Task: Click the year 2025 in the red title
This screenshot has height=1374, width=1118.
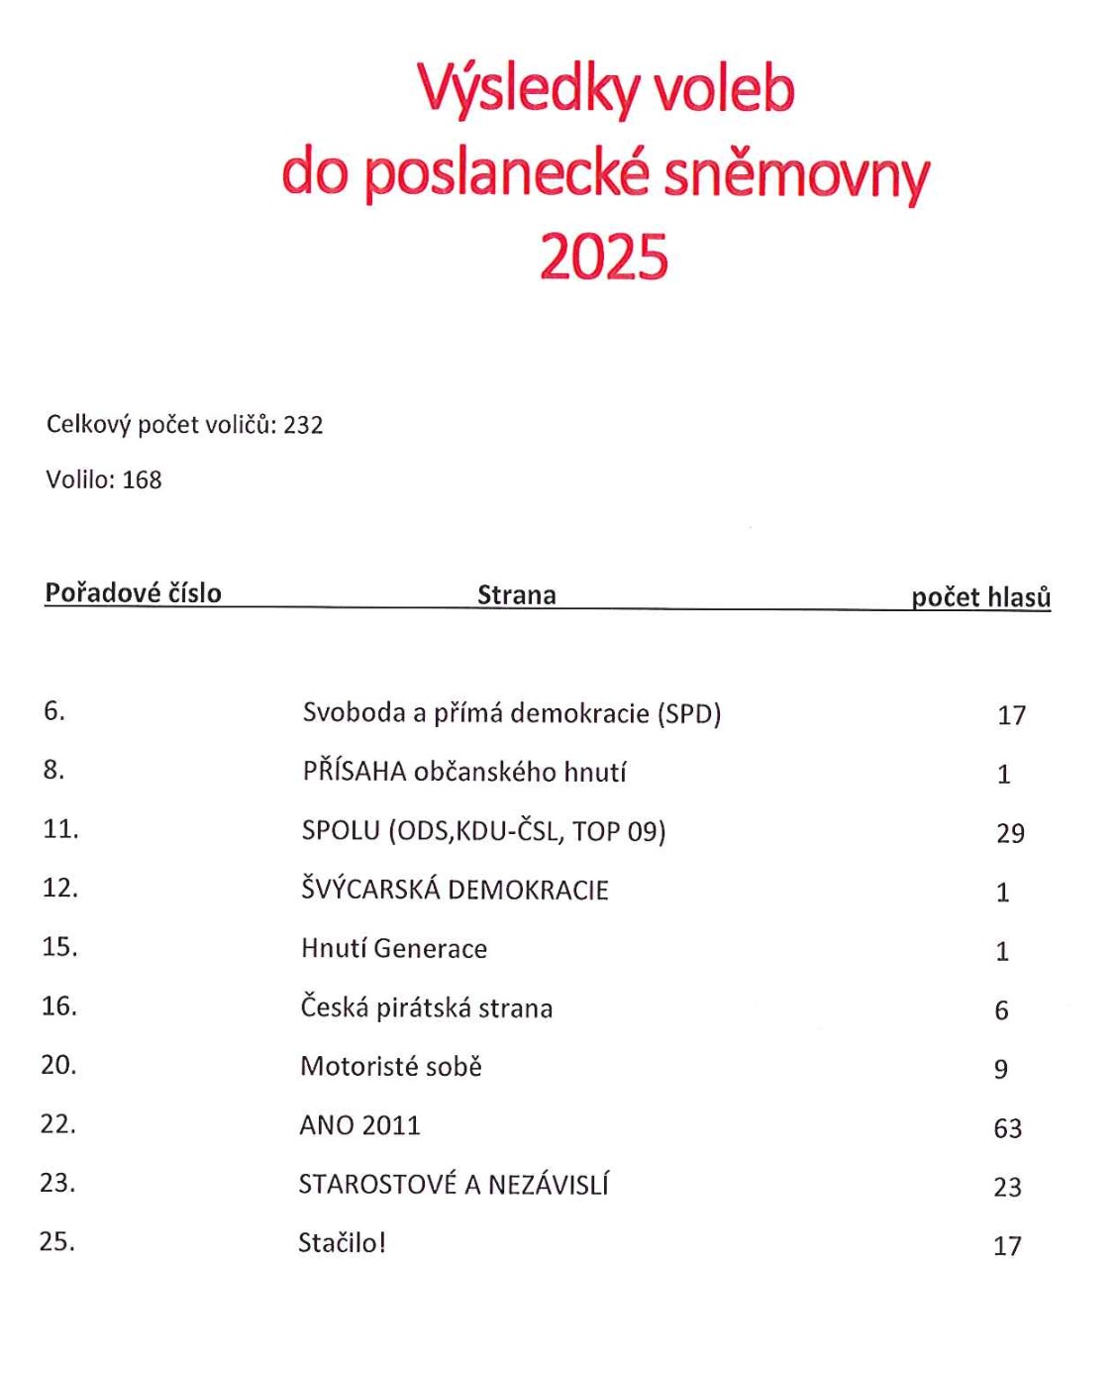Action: click(604, 257)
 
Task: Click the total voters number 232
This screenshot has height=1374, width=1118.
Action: click(303, 425)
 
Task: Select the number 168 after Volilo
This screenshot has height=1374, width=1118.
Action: click(142, 480)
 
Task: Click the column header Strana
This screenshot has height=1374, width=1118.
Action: click(516, 595)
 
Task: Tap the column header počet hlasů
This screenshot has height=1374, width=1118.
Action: click(980, 597)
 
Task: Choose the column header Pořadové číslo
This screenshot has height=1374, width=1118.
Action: click(133, 593)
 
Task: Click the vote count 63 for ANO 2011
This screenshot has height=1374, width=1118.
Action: click(1007, 1128)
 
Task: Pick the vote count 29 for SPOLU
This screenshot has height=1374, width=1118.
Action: click(1010, 833)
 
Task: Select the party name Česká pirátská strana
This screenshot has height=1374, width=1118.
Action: click(426, 1008)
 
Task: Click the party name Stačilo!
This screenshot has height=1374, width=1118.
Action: click(342, 1243)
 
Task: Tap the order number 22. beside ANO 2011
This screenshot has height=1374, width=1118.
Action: click(58, 1124)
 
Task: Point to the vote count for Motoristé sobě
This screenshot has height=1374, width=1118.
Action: click(1001, 1070)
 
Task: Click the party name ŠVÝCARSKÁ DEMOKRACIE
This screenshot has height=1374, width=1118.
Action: click(455, 890)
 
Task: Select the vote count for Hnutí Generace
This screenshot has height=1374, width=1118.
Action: click(1002, 952)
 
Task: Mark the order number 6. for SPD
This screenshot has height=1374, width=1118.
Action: click(54, 711)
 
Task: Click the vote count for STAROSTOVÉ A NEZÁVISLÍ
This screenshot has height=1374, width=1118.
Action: click(1007, 1187)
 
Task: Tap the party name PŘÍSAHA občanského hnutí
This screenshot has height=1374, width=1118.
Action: click(464, 772)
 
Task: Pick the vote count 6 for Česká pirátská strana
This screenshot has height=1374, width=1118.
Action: click(1001, 1010)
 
